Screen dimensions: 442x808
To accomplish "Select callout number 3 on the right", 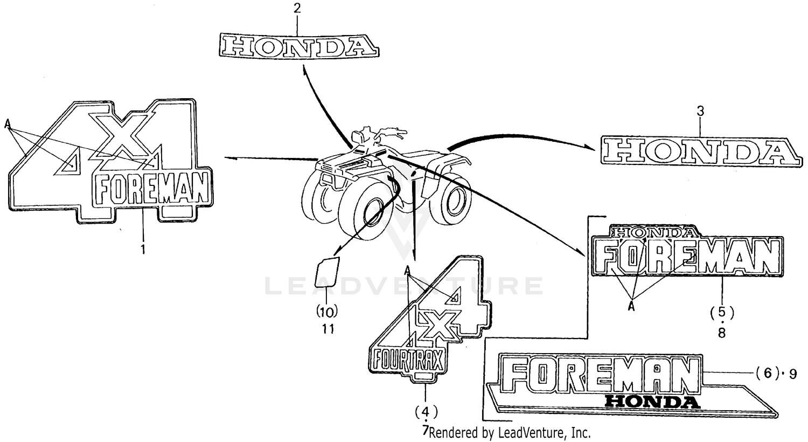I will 700,112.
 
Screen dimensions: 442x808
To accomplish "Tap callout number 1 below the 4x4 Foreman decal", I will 143,250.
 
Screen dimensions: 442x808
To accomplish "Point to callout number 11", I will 328,328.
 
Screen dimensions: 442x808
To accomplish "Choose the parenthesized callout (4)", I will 426,412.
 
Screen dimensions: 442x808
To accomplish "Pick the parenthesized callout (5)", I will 721,312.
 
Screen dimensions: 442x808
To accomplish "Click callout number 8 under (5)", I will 721,333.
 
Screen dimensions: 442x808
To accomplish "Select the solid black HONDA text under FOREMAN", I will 652,402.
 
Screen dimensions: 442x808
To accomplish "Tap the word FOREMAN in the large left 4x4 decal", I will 152,189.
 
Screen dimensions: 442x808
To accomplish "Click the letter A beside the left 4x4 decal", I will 8,124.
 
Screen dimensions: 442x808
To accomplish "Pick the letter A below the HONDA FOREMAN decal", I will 631,306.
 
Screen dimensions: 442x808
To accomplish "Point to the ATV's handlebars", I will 380,133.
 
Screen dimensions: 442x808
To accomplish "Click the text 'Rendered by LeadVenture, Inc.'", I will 510,432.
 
